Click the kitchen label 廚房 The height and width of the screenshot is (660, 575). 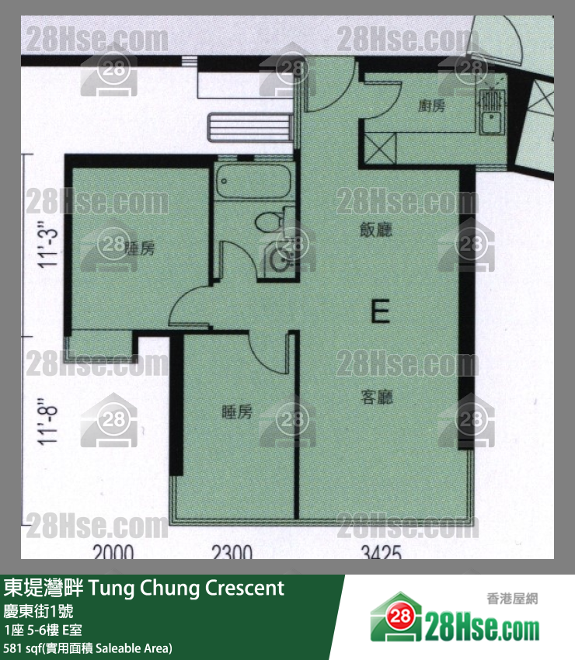coord(432,106)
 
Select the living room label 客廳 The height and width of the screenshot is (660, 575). coord(377,398)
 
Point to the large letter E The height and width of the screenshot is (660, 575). coord(380,313)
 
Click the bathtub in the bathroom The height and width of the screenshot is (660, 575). coord(254,184)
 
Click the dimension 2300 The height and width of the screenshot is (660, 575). coord(232,553)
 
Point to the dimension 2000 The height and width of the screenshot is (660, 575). coord(113,553)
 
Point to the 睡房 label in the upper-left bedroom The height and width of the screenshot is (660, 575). coord(140,248)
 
